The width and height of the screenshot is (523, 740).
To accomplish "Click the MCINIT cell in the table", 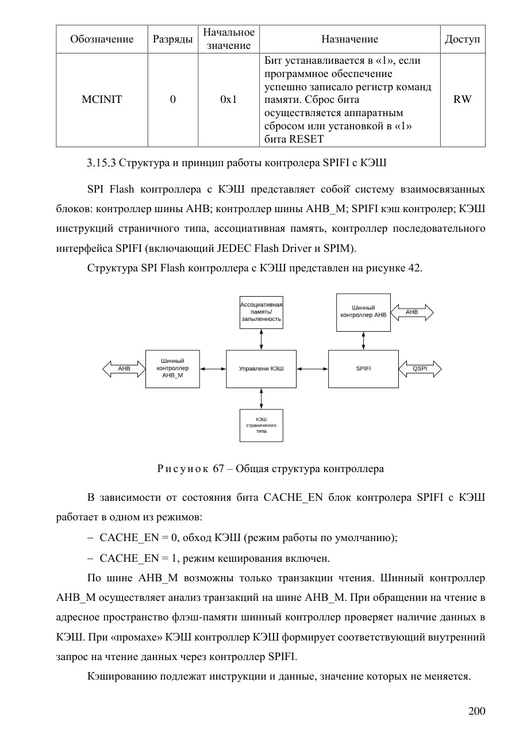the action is tap(102, 99).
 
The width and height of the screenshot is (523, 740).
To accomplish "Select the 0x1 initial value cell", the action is tap(229, 99).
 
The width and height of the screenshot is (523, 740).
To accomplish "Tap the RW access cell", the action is tap(462, 99).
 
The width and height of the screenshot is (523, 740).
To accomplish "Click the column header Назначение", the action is tap(349, 39).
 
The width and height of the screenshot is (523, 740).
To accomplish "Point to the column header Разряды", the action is tap(172, 39).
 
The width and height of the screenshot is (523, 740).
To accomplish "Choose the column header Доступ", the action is tap(462, 39).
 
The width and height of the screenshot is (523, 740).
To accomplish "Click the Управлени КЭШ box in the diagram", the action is tap(261, 369).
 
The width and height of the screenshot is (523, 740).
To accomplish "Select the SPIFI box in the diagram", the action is tap(363, 369).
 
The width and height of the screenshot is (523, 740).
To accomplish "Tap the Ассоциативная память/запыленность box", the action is tap(261, 312).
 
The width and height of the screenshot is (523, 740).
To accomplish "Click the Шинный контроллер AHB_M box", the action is tap(172, 369).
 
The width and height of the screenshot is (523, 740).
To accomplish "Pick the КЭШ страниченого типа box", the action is tap(261, 425).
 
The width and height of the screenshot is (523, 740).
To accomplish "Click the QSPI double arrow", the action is tap(420, 369).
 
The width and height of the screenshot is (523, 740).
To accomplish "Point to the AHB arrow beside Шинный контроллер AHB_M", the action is tap(124, 369).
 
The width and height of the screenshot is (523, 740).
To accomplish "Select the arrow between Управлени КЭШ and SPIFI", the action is tap(312, 369).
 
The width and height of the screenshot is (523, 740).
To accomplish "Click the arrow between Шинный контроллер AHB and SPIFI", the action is tap(363, 340).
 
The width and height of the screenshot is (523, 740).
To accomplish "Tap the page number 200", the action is tap(477, 711).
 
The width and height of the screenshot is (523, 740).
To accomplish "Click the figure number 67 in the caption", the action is tap(218, 469).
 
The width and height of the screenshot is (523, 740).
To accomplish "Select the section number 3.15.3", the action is tap(101, 163).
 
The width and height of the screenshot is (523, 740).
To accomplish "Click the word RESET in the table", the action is tap(306, 139).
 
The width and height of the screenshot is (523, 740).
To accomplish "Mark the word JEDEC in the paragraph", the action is tap(234, 248).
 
